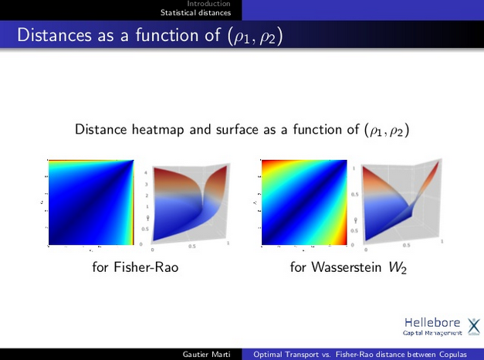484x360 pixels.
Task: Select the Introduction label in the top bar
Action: (x=208, y=4)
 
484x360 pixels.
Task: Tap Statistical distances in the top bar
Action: (x=195, y=12)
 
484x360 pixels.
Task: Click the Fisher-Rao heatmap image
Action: (x=91, y=203)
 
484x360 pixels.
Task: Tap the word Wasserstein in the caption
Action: (x=347, y=268)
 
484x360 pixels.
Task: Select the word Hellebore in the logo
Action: (x=432, y=322)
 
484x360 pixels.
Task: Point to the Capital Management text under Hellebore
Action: (x=432, y=333)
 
